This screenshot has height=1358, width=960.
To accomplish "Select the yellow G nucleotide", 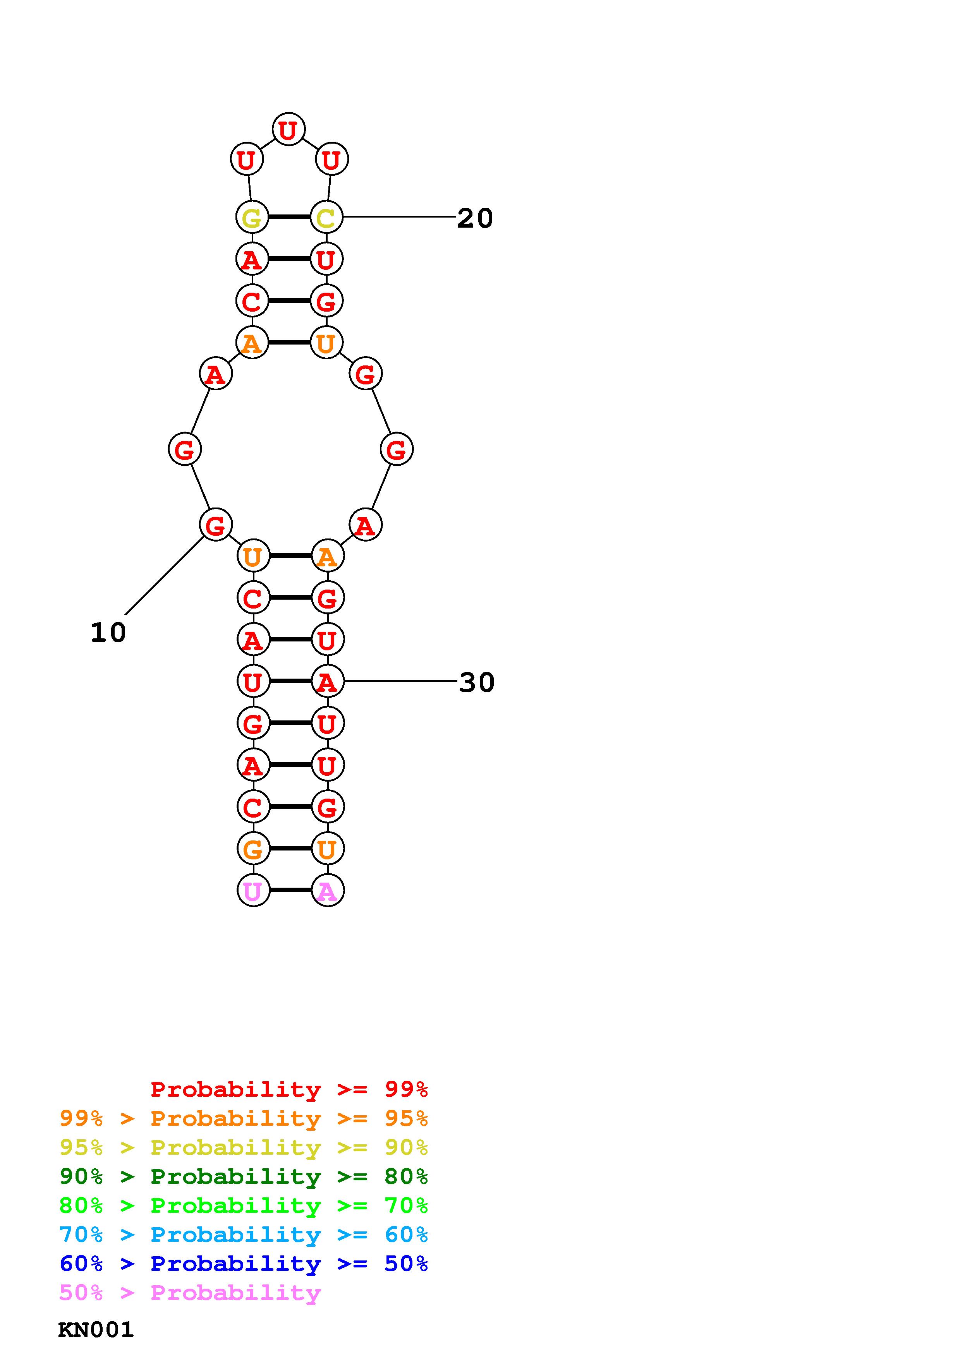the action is tap(252, 217).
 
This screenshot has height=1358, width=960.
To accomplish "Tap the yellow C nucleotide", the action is tap(326, 217).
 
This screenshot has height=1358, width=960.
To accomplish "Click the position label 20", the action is tap(475, 218).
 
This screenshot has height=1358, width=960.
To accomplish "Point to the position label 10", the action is tap(108, 632).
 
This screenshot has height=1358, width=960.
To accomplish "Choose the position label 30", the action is tap(477, 682).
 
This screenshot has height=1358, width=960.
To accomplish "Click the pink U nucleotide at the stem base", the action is tap(253, 890).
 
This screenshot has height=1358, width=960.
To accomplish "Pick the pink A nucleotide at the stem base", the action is tap(327, 890).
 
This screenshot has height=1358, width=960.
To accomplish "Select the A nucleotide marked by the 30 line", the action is tap(327, 681).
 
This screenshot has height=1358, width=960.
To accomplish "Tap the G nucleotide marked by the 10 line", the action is tap(215, 525).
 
